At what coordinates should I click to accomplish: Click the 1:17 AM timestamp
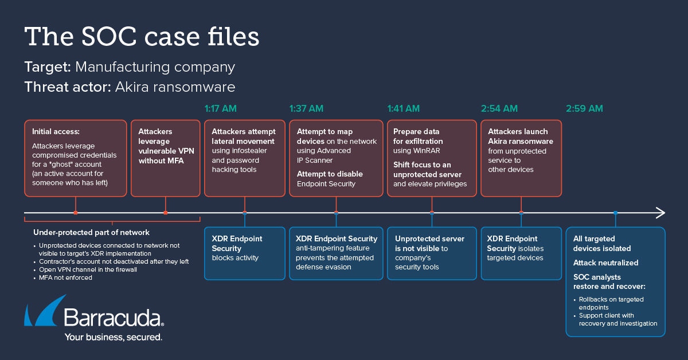tap(221, 108)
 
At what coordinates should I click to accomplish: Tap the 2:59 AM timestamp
tap(584, 108)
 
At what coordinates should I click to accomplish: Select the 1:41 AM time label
tap(404, 108)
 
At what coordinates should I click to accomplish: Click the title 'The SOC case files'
tap(142, 37)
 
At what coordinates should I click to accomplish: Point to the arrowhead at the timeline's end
tap(660, 213)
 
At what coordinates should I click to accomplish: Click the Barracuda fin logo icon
tap(45, 311)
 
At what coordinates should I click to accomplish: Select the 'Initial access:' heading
tap(56, 131)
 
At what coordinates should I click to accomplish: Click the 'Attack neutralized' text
tap(605, 263)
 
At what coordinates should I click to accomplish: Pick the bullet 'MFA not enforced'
tap(65, 278)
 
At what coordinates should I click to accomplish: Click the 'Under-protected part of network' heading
tap(91, 232)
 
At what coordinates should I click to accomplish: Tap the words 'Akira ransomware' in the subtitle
tap(175, 87)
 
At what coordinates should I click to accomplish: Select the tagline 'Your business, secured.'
tap(113, 337)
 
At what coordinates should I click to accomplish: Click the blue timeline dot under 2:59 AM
tap(615, 213)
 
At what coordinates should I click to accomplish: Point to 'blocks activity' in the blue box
tap(235, 258)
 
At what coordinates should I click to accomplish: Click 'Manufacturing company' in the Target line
tap(155, 66)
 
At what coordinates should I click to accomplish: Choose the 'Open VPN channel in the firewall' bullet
tap(88, 269)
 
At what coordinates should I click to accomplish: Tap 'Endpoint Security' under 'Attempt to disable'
tap(326, 184)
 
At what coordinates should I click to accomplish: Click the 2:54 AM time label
tap(499, 108)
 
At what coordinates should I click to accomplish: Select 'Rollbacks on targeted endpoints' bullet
tap(611, 303)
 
